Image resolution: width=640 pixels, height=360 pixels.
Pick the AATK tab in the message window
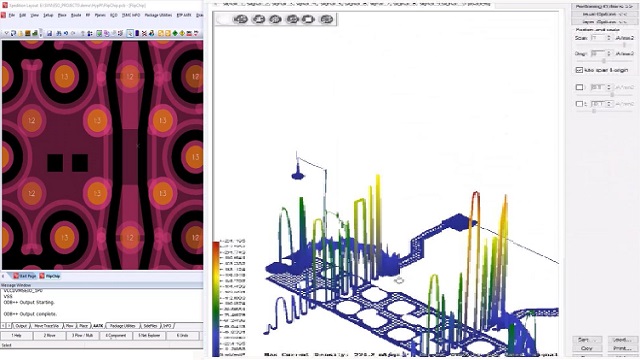[97, 325]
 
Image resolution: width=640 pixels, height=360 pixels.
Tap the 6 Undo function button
[185, 335]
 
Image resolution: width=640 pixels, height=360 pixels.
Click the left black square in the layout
[55, 162]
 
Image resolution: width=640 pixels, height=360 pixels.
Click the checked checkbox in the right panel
[579, 70]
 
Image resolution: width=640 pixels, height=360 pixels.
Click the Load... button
[620, 339]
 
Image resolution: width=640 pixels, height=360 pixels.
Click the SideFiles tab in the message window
[150, 325]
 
